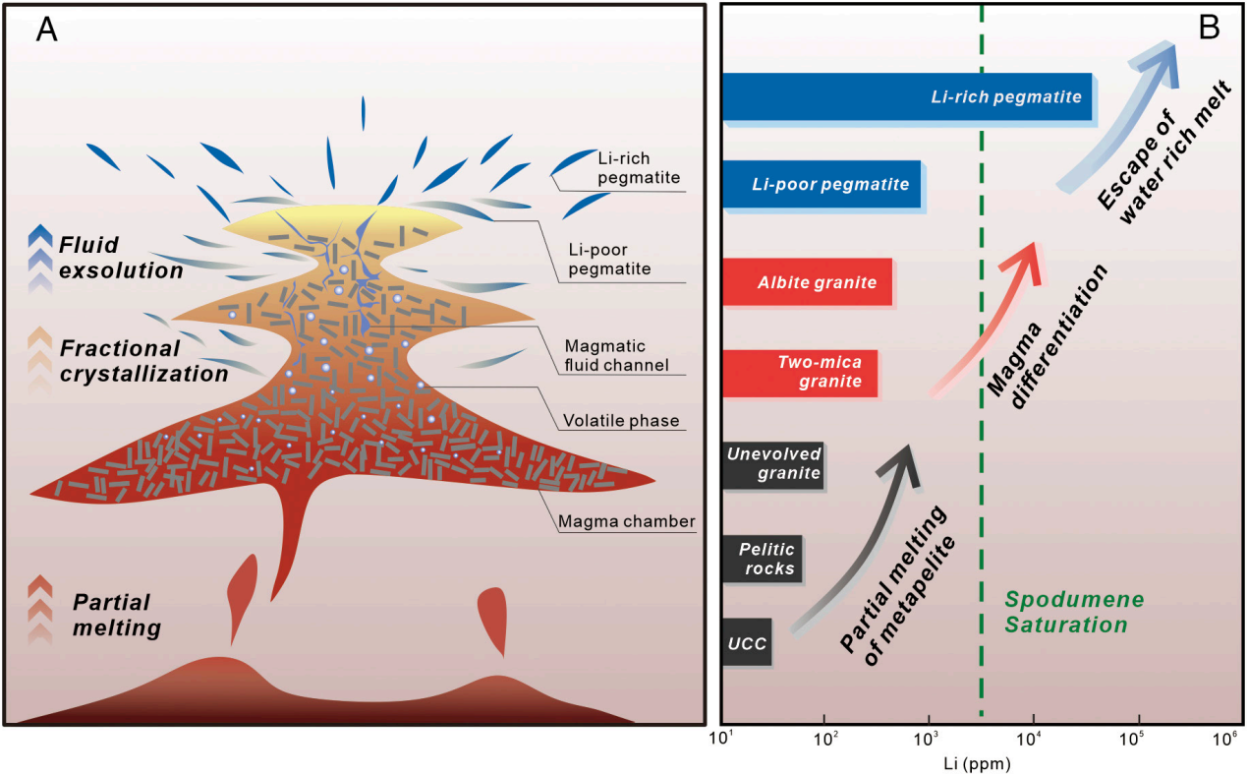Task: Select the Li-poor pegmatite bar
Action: (821, 184)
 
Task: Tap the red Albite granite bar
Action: (807, 282)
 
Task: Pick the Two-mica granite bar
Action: (800, 373)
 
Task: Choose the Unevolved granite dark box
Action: (772, 464)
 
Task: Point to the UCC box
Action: (747, 641)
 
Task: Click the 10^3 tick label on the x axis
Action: (929, 740)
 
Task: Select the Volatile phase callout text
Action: (620, 421)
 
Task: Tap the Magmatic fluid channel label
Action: (616, 355)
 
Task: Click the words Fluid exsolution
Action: (119, 256)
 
